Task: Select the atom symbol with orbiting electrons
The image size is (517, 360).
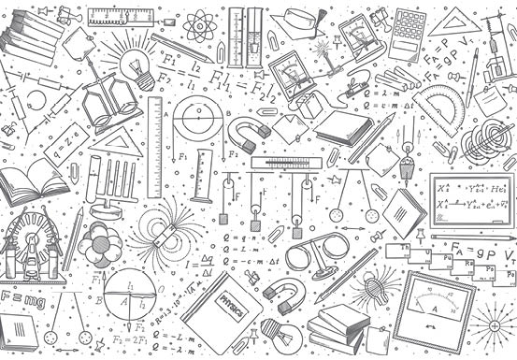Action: tap(198, 25)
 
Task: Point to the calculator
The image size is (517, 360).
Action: tap(407, 35)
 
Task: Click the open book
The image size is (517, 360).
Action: tap(32, 180)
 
